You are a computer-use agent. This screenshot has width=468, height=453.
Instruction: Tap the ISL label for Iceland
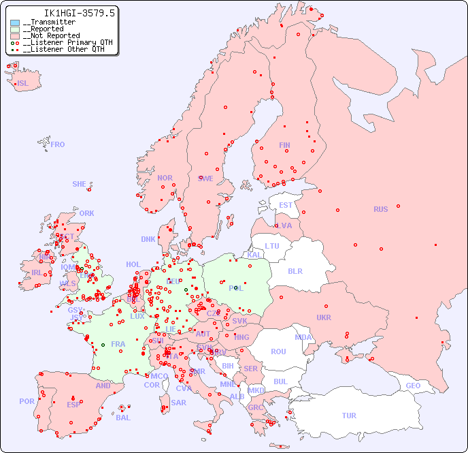coord(23,84)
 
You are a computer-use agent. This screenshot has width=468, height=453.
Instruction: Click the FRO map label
coord(58,144)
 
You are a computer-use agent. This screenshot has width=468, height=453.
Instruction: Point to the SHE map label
coord(80,184)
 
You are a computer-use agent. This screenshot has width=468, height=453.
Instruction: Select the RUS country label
coord(380,209)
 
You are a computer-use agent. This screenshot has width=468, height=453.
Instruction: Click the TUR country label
coord(349,416)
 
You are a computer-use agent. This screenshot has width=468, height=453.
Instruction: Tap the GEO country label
coord(413,386)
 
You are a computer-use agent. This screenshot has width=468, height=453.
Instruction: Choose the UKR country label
coord(324,317)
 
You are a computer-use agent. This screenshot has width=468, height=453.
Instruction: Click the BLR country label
coord(295,270)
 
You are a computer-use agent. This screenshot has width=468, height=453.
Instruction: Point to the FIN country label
coord(284,145)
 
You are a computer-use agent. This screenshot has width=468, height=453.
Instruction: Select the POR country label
coord(27,401)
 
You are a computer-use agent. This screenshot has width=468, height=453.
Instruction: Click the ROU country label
coord(278,352)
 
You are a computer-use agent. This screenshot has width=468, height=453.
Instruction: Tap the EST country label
coord(286,205)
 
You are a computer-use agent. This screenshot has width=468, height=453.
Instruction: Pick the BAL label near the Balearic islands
coord(123,418)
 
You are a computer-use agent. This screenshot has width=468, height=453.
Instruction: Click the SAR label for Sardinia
coord(179,403)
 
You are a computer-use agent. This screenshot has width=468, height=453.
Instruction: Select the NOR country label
coord(165,178)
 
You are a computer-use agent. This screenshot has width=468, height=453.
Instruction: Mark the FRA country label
coord(118,344)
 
